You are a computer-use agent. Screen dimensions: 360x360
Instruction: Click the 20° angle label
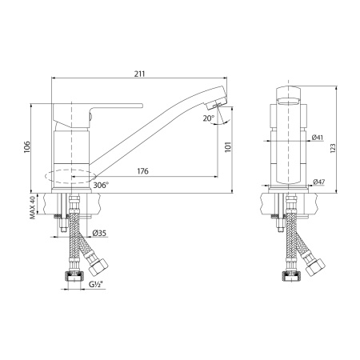tap(209, 118)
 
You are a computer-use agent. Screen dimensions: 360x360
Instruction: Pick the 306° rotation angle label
tap(102, 185)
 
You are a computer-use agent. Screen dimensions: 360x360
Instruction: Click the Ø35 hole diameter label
tap(100, 233)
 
